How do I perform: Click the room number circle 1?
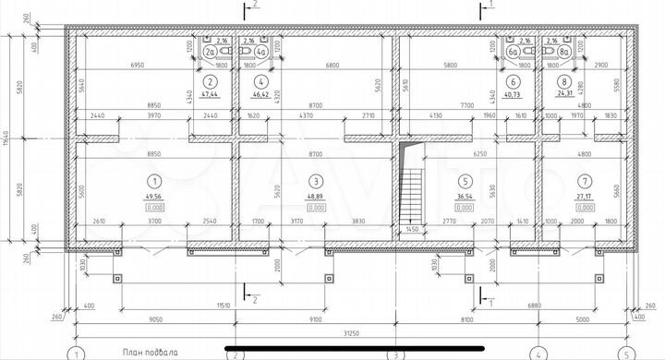click(154, 181)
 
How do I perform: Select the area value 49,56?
click(154, 198)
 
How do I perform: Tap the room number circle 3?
click(316, 181)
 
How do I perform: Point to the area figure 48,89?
click(316, 198)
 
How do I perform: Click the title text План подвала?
click(153, 353)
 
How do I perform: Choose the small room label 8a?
click(563, 53)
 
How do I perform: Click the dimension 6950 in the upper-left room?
click(139, 66)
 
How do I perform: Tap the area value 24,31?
click(563, 95)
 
